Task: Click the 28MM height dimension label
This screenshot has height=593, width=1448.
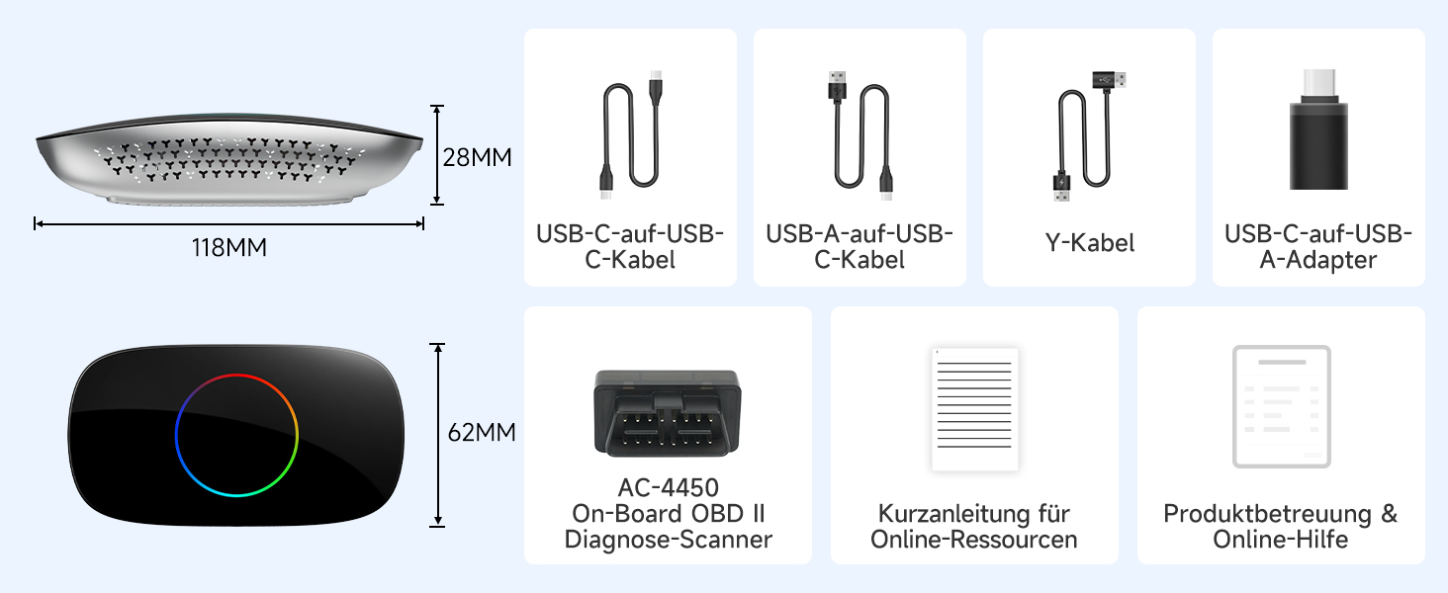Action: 477,157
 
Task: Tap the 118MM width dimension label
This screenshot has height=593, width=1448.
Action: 228,247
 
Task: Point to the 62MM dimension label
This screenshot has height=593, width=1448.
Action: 482,432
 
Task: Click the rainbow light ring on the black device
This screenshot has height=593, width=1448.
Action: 236,374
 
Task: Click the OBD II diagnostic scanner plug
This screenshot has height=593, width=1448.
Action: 668,412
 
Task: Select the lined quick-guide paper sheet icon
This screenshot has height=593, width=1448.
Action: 975,409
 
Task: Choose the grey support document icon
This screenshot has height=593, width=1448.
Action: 1281,406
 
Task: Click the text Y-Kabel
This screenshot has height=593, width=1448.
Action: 1089,243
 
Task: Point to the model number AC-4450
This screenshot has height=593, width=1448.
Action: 668,487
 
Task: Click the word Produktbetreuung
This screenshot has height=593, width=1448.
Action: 1267,514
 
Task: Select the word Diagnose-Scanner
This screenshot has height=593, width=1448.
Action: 668,540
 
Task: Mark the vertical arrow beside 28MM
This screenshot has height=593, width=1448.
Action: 437,155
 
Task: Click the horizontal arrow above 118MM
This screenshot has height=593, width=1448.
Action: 228,224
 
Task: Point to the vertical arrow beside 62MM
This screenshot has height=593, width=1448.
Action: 437,435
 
